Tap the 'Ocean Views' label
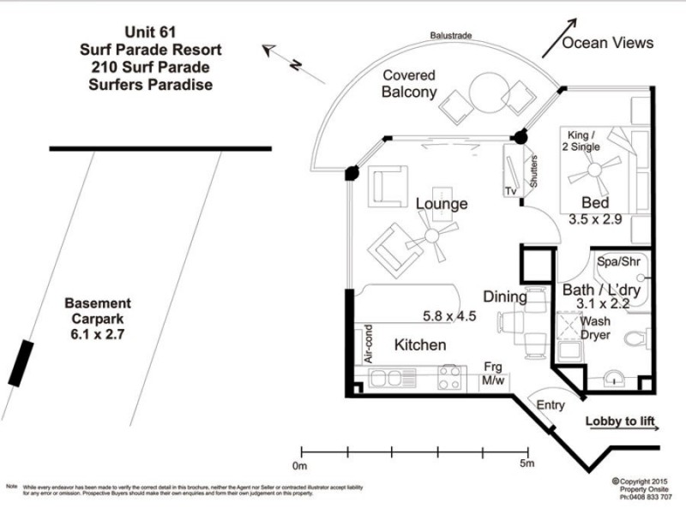[x=609, y=43]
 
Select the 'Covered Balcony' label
[x=409, y=84]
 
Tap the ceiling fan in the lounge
[x=432, y=236]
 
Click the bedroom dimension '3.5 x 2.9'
[x=595, y=219]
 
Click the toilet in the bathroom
[x=637, y=340]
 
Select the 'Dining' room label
[x=504, y=297]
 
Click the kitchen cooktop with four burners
[x=450, y=377]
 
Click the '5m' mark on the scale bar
[x=527, y=463]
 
